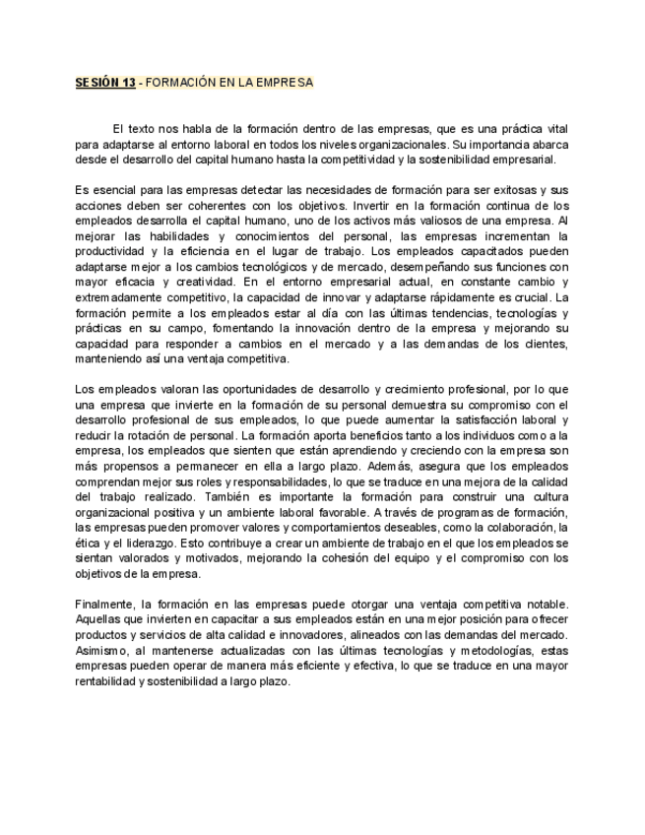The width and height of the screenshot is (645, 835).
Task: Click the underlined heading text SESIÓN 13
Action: pyautogui.click(x=105, y=83)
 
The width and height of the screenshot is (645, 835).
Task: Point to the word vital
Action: pyautogui.click(x=554, y=130)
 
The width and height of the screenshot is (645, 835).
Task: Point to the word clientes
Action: pyautogui.click(x=543, y=343)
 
